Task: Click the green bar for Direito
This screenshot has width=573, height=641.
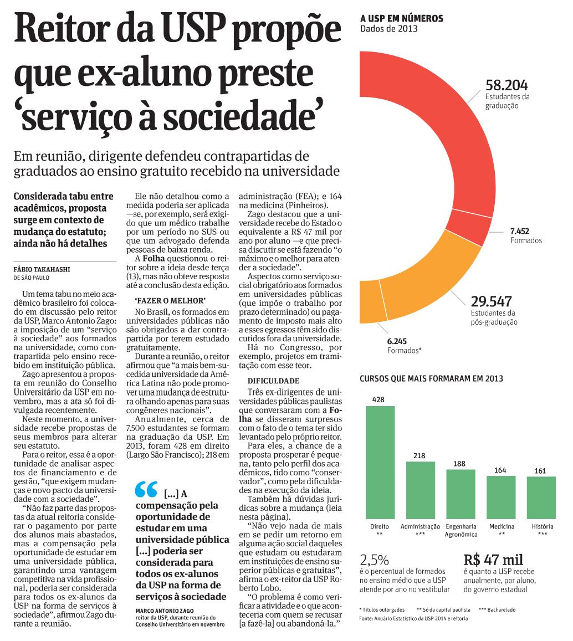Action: (x=380, y=463)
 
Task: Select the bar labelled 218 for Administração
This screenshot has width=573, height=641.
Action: (x=421, y=490)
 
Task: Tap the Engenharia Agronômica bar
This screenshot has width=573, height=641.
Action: (x=461, y=494)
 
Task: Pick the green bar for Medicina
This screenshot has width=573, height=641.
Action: (x=501, y=498)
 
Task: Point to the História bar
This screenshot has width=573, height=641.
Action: (x=541, y=498)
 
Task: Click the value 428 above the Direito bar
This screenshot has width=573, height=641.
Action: (x=378, y=399)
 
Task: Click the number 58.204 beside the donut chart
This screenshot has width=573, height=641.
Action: (x=507, y=85)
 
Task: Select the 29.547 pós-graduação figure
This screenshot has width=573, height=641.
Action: (x=491, y=301)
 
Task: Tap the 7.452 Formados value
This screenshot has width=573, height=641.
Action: (x=519, y=231)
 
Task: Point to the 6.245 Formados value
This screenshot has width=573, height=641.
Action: (x=397, y=341)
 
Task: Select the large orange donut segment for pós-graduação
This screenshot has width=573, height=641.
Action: (x=433, y=282)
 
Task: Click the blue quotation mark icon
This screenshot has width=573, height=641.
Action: (x=146, y=489)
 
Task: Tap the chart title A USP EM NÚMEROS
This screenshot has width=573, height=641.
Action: (x=402, y=18)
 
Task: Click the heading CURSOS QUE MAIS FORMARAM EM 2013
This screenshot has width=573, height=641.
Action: (x=431, y=378)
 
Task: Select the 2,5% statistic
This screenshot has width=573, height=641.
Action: (x=374, y=560)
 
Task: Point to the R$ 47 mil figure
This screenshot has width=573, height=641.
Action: (x=493, y=559)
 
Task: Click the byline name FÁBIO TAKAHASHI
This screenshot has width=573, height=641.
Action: (x=42, y=269)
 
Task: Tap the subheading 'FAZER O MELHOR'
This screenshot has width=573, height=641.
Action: (x=170, y=300)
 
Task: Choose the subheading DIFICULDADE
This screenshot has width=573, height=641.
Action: (x=273, y=381)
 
